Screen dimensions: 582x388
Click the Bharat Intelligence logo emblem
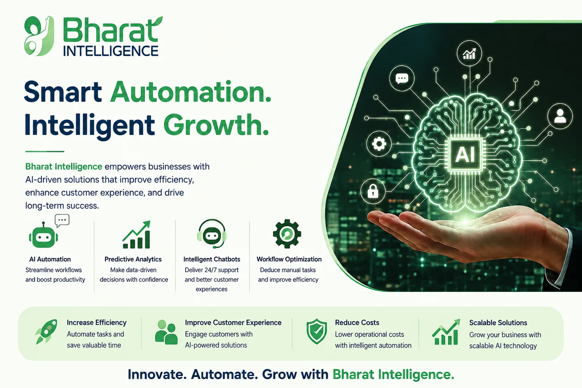39,36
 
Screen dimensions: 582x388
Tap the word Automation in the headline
191,92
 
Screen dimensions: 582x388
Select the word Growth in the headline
216,125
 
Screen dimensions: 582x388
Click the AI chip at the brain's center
465,154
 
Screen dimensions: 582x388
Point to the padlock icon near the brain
373,191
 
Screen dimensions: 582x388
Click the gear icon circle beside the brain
379,144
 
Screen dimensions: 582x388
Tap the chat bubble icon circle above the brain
402,78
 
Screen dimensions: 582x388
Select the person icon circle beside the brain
560,116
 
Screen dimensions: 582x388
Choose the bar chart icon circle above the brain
469,53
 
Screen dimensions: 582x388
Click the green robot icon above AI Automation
43,235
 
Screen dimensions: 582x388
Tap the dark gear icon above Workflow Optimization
287,234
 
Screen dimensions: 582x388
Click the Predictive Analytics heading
133,259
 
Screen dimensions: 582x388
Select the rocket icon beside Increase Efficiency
47,332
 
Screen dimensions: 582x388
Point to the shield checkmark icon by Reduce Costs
317,332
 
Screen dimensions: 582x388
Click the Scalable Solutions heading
498,322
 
